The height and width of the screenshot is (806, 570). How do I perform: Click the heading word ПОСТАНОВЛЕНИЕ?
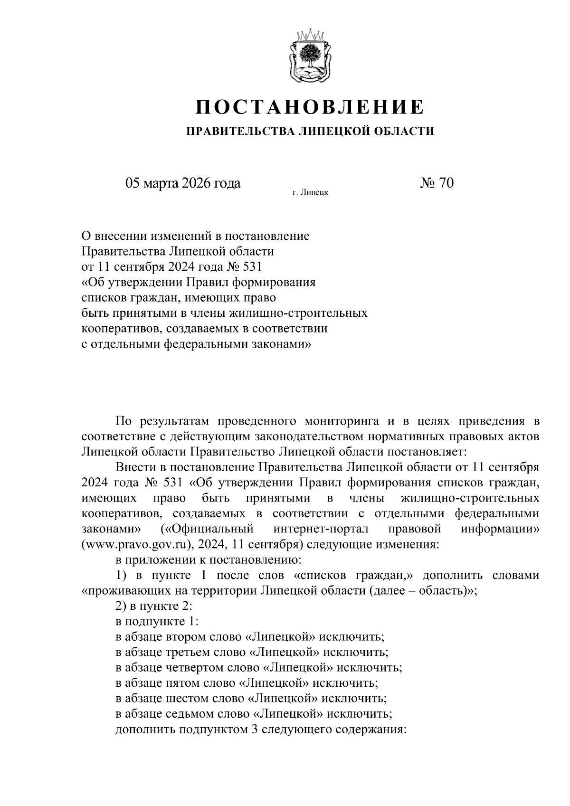309,107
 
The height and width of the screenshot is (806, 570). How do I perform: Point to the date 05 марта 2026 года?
183,183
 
